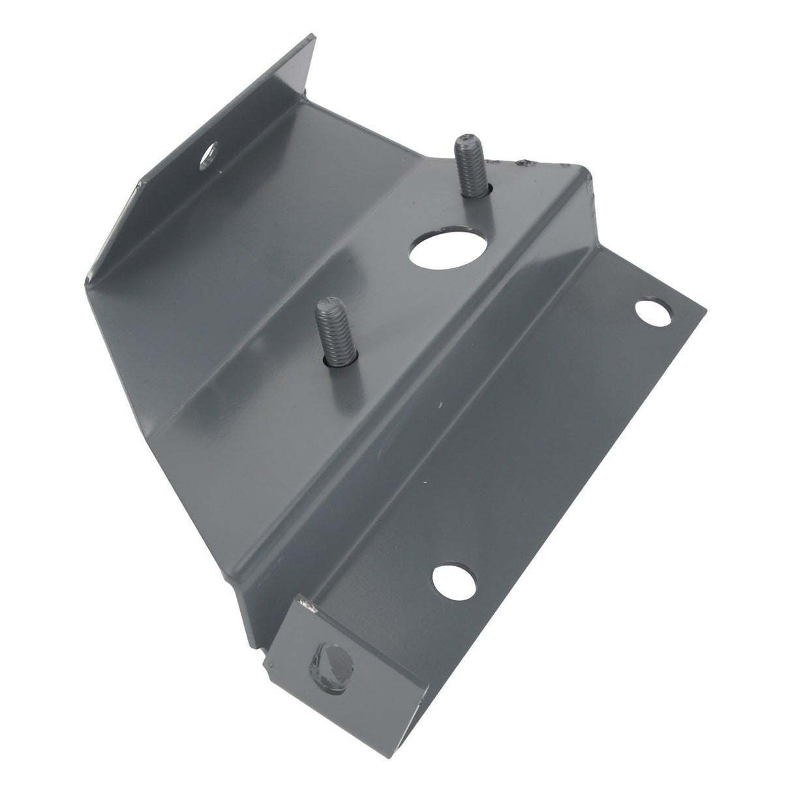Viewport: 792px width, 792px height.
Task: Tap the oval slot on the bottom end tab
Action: (x=329, y=667)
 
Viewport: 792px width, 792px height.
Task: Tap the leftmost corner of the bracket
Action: (x=85, y=281)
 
